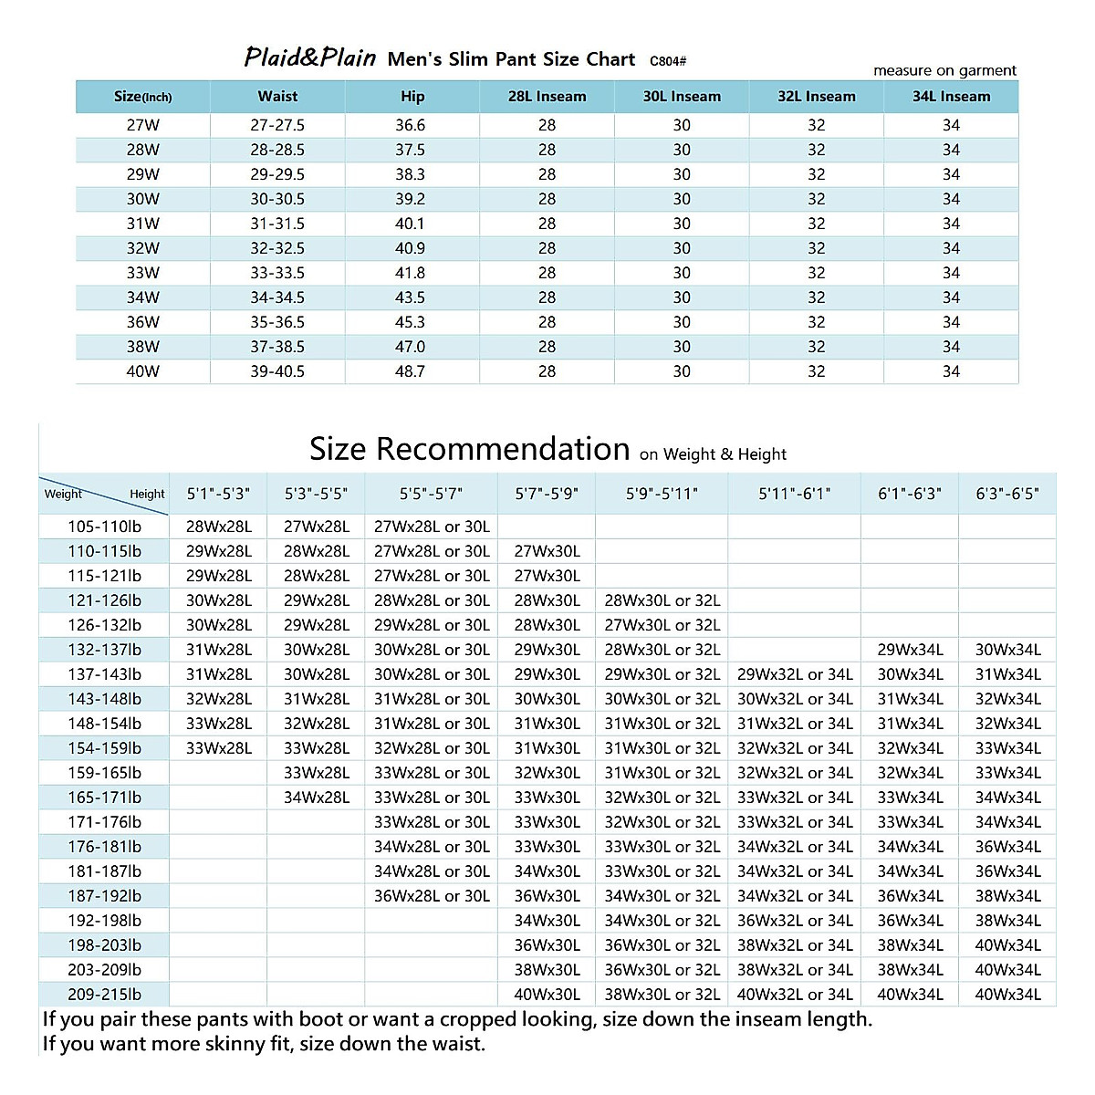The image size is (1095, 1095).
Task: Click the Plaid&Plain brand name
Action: [x=309, y=58]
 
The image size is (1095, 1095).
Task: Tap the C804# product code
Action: [x=668, y=61]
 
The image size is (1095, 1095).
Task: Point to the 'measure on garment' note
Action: [x=944, y=70]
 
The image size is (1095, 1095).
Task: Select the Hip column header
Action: [x=412, y=96]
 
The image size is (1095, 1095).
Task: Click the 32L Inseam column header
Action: [x=817, y=96]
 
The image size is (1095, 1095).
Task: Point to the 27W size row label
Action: [x=142, y=125]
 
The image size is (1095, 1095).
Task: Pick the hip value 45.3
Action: [x=411, y=322]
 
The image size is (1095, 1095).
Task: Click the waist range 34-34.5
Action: [x=277, y=297]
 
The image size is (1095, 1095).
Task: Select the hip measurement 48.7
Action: [x=411, y=371]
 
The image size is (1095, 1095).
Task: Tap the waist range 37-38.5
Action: [x=277, y=347]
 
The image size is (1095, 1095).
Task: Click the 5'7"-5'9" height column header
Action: [x=547, y=494]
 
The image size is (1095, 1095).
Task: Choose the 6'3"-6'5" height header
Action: [x=1007, y=494]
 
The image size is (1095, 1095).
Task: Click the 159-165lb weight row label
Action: [x=105, y=773]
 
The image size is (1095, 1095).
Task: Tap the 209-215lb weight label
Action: [x=105, y=995]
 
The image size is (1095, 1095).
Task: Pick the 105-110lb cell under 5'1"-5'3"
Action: [x=219, y=527]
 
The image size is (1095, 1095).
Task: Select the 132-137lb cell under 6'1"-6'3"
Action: [x=910, y=650]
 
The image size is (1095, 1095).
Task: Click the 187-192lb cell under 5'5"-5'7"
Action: [x=432, y=896]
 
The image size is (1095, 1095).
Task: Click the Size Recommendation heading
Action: [x=470, y=449]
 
